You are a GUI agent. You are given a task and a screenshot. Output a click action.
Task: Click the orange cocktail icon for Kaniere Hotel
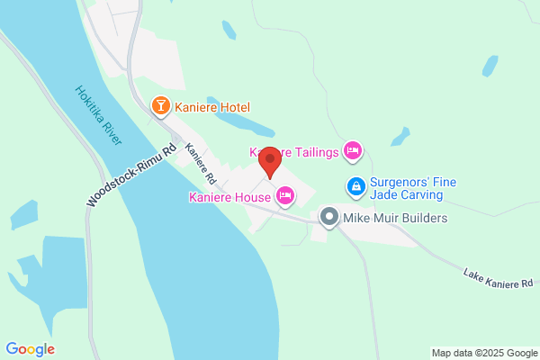coord(161,107)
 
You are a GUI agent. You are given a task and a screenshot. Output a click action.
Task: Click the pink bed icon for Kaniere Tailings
coord(353,151)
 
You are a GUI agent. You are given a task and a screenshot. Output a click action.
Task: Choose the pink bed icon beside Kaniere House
coord(285,195)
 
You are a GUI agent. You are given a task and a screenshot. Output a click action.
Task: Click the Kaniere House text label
coord(229,196)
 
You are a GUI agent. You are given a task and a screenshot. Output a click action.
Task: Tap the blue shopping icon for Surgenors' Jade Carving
coord(355,187)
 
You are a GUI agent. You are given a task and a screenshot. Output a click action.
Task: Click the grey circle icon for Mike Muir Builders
coord(328,217)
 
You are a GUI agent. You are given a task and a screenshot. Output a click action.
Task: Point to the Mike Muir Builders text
coord(394,218)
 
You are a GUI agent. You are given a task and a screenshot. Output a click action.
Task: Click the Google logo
coord(31,349)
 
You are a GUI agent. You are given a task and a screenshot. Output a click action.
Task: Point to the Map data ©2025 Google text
coord(482,352)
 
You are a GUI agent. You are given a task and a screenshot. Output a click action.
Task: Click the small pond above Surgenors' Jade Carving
coord(399,137)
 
